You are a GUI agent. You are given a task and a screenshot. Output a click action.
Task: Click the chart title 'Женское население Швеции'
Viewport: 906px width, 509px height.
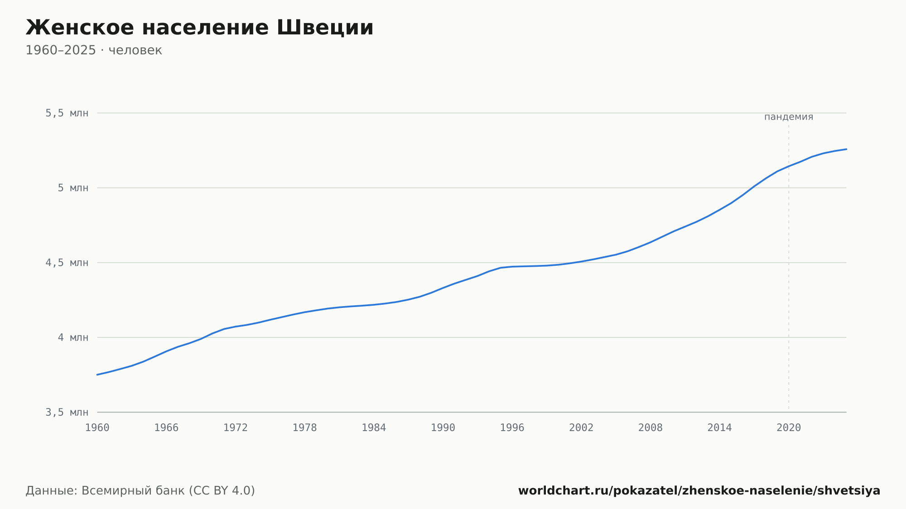tap(199, 28)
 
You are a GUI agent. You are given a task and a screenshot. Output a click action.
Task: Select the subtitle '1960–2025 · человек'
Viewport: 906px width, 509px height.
tap(94, 50)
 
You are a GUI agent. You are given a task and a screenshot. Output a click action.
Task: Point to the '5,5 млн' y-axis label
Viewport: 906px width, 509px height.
tap(67, 113)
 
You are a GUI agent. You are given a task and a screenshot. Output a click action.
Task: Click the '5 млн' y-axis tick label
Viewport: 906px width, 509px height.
tap(73, 188)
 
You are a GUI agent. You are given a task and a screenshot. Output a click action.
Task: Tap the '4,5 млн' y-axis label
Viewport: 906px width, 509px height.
tap(67, 263)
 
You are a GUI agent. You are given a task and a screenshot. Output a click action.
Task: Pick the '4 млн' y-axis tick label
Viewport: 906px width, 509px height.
tap(73, 337)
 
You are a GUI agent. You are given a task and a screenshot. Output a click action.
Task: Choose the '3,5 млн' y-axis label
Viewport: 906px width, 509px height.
tap(67, 412)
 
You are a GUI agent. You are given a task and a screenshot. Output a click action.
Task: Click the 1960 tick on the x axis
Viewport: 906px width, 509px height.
tap(97, 428)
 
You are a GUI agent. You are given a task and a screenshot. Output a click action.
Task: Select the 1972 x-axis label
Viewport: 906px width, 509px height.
tap(236, 428)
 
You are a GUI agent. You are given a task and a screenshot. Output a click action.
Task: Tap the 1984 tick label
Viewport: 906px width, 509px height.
tap(374, 428)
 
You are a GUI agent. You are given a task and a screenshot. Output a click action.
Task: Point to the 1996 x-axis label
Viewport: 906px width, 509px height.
tap(512, 428)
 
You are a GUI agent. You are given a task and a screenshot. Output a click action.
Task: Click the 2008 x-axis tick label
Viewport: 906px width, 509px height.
tap(651, 428)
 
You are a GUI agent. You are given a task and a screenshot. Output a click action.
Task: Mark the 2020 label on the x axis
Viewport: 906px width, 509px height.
tap(789, 428)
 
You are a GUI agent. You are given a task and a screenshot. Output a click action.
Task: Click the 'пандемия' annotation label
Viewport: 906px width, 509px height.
tap(789, 117)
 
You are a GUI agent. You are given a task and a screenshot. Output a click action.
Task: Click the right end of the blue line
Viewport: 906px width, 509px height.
tap(846, 149)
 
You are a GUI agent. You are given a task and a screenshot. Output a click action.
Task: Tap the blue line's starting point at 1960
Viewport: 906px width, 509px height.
tap(97, 375)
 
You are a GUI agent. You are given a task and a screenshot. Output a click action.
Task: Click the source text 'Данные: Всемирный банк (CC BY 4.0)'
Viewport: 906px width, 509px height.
tap(140, 491)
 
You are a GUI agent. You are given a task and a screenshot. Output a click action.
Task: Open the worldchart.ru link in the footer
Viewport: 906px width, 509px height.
tap(699, 491)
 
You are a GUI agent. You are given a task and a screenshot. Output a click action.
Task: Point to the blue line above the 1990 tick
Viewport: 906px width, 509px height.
tap(443, 288)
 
